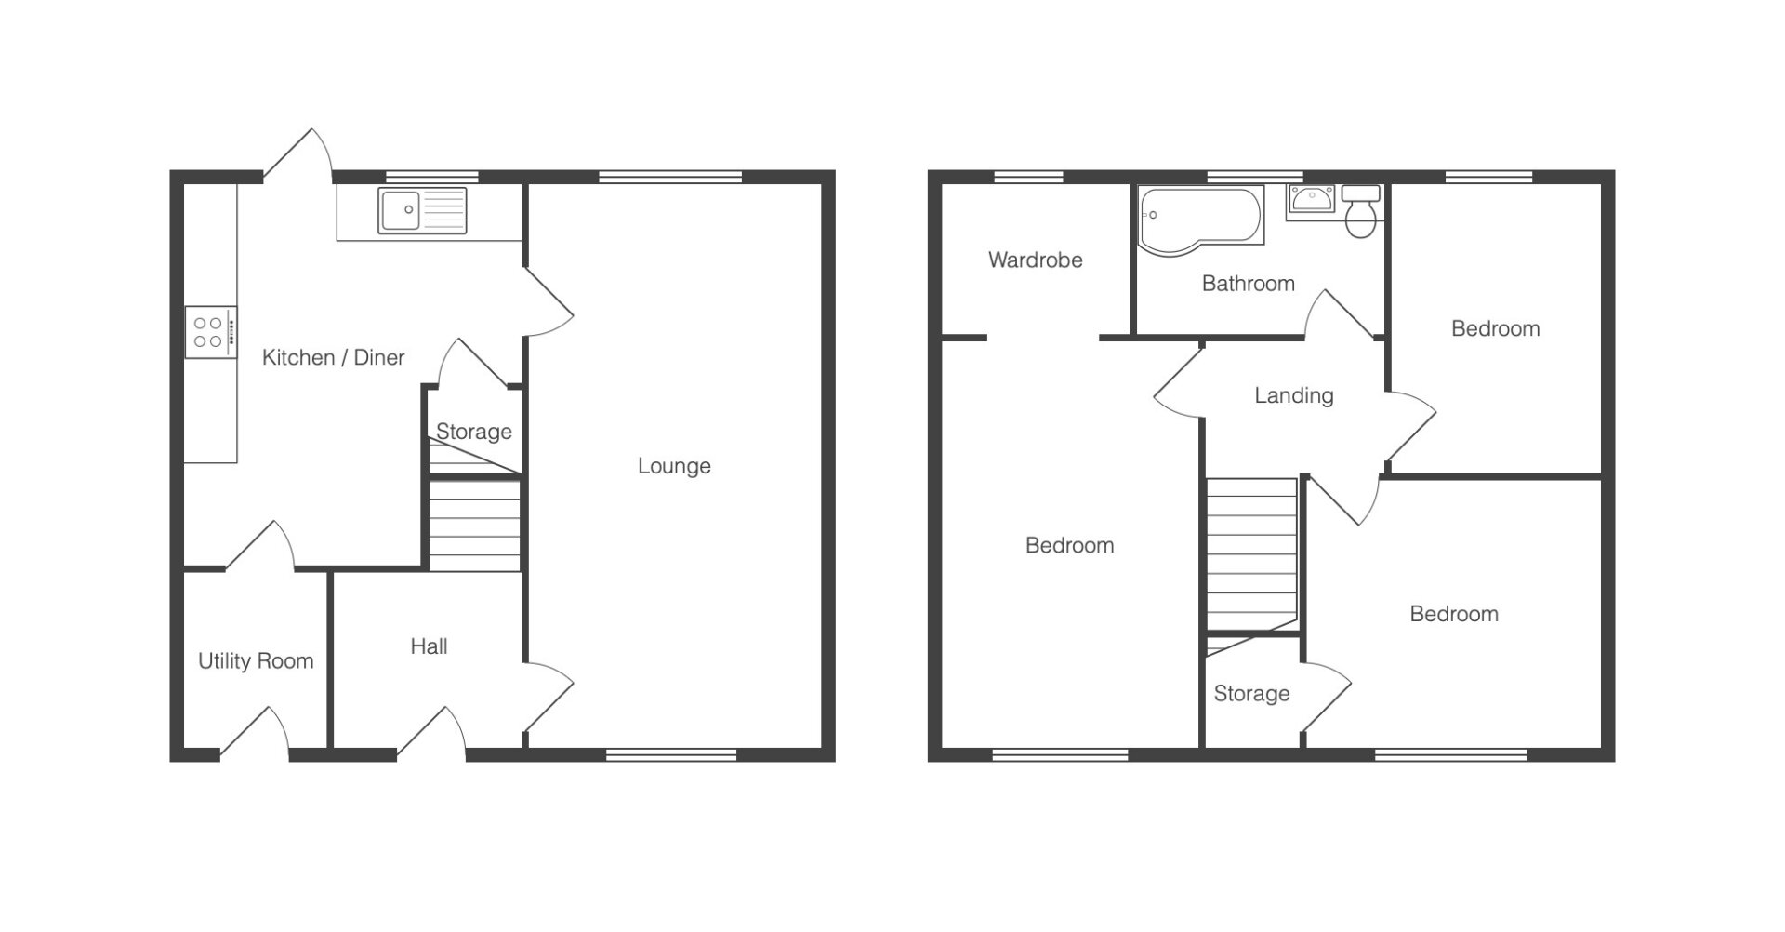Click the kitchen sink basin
tap(398, 210)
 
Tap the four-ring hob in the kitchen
tap(211, 332)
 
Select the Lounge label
tap(674, 466)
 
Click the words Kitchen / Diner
tap(333, 357)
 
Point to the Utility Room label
tap(256, 661)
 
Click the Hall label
tap(429, 646)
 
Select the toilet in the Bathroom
tap(1361, 210)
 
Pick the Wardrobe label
tap(1035, 260)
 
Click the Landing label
tap(1293, 396)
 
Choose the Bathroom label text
tap(1248, 284)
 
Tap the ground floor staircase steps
tap(474, 525)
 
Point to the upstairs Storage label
tap(1251, 694)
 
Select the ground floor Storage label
tap(474, 432)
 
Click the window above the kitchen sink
tap(432, 176)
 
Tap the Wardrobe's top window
tap(1028, 176)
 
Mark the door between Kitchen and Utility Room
tap(260, 545)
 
